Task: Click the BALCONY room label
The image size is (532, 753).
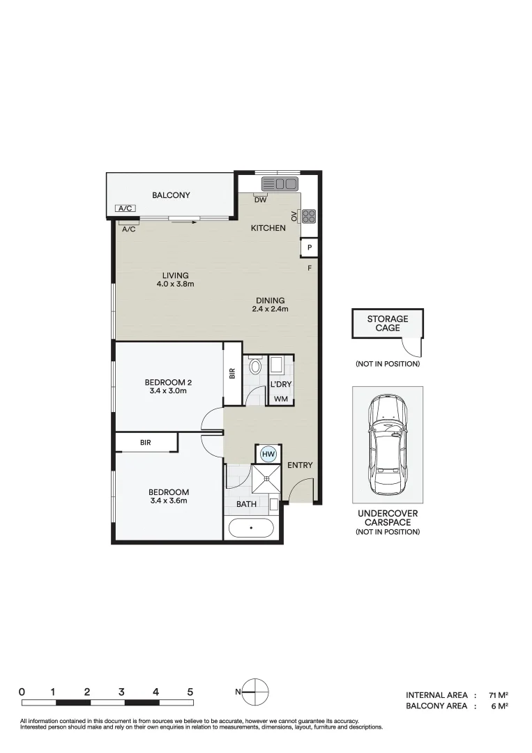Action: click(171, 195)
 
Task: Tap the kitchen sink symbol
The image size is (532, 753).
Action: click(279, 184)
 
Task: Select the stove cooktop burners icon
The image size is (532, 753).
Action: click(308, 216)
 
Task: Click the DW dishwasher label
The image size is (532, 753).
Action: click(260, 199)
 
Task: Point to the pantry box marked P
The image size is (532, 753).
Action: click(309, 248)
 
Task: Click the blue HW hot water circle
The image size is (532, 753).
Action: click(268, 454)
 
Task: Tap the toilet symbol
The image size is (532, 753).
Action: click(255, 366)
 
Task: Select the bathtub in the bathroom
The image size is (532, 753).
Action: click(252, 528)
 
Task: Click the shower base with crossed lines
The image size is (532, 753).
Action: click(265, 480)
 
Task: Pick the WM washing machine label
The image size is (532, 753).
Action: click(280, 399)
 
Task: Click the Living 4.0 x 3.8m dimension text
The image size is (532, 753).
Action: click(174, 284)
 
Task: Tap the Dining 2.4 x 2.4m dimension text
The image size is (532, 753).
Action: click(269, 309)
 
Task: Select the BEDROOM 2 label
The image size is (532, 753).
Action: click(168, 382)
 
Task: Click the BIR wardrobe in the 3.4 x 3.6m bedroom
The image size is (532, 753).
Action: click(146, 442)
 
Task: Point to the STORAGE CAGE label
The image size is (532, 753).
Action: click(388, 323)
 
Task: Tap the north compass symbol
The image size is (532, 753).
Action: click(256, 691)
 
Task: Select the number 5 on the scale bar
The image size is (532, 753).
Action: click(190, 692)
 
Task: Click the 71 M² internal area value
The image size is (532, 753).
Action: click(498, 695)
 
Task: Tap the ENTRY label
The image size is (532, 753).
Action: click(300, 465)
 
